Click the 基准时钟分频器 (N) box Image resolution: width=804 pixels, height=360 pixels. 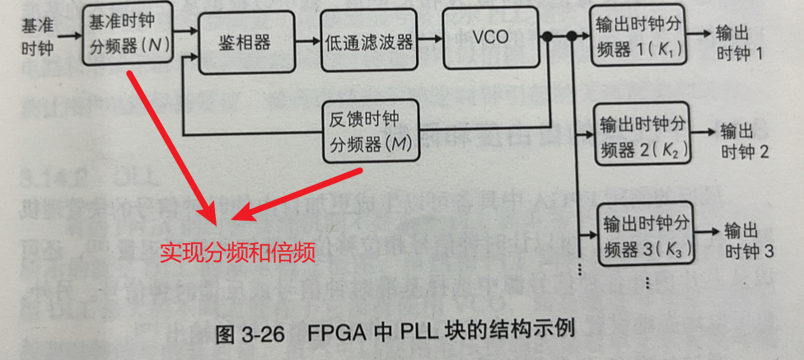[x=128, y=33]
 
